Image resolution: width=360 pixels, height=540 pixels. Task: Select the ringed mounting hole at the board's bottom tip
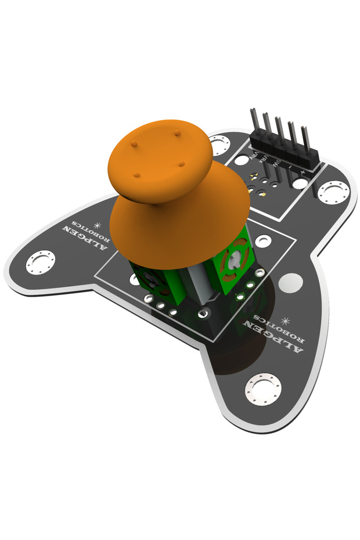point(263,388)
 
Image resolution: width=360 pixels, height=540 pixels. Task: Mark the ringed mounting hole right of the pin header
point(333,192)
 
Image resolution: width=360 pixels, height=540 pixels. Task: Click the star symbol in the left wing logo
point(97,225)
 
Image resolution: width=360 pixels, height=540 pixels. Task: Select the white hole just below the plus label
point(300,183)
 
